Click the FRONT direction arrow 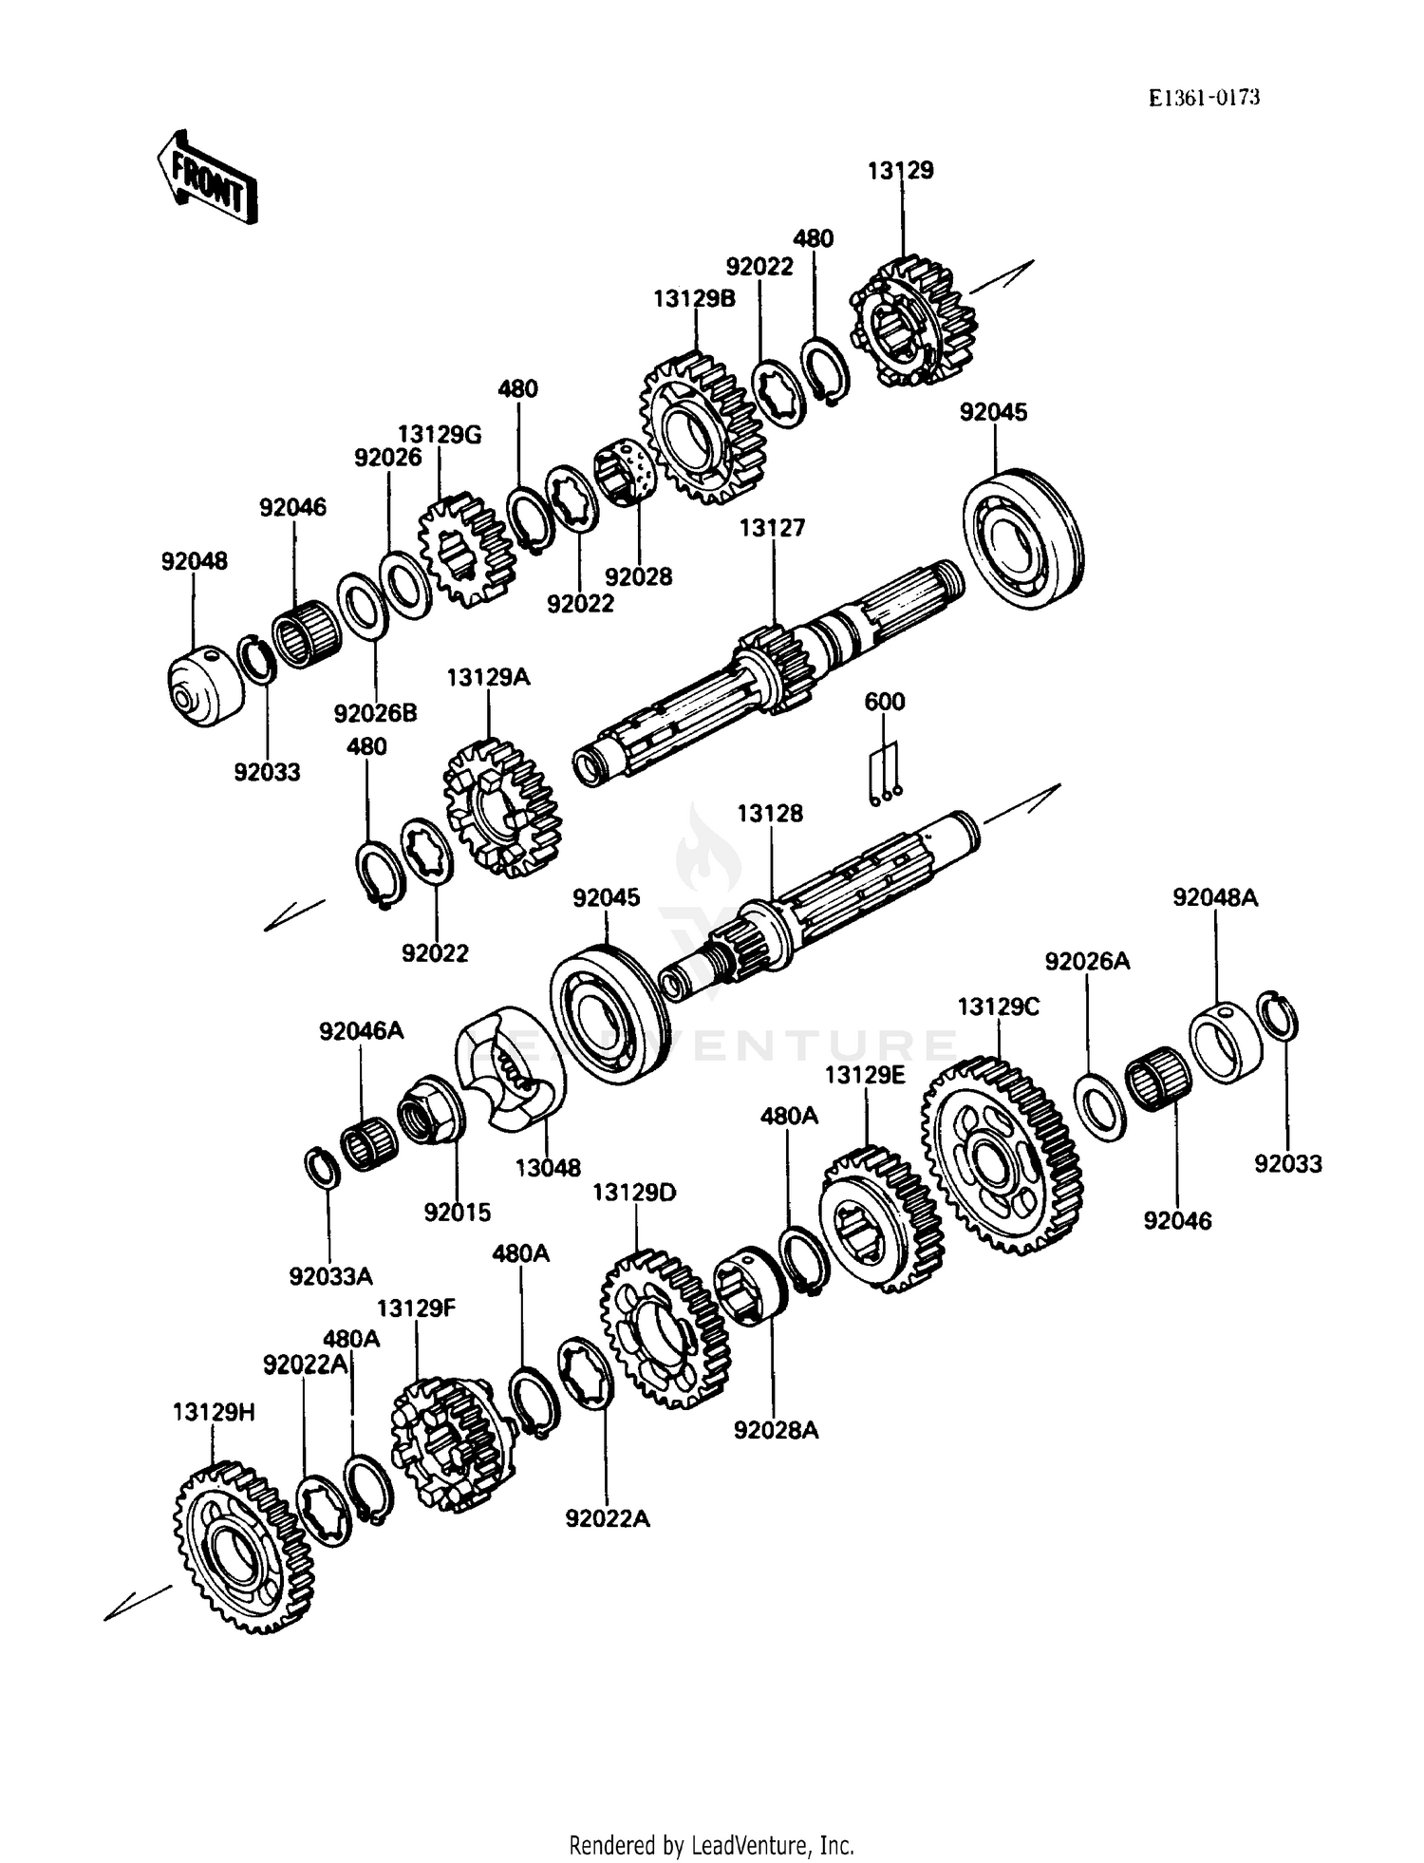207,177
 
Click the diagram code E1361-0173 1203,97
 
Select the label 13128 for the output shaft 770,813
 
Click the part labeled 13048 510,1068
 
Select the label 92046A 361,1030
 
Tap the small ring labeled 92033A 322,1166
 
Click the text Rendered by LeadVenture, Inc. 711,1845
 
